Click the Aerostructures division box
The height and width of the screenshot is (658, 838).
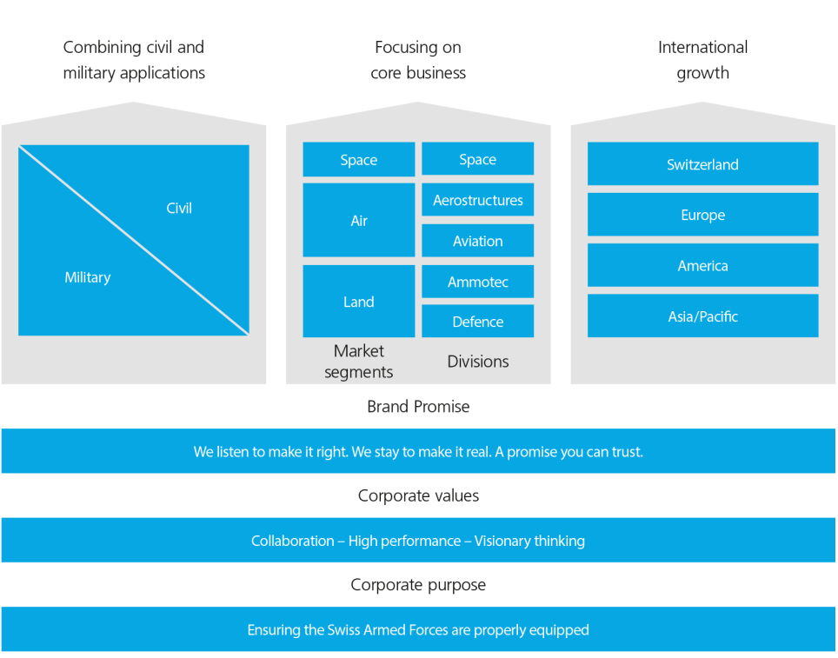[477, 200]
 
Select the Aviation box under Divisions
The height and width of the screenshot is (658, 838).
[477, 241]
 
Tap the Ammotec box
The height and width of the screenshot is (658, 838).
[477, 282]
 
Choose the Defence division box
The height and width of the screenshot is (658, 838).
[477, 322]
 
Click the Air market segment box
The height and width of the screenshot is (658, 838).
[358, 221]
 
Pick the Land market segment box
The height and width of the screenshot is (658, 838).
[358, 302]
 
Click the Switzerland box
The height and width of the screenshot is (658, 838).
[702, 164]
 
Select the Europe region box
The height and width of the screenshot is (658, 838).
[702, 215]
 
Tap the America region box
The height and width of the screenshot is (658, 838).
[702, 266]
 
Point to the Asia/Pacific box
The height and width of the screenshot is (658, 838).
[702, 316]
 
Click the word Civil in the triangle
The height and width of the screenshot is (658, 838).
[179, 208]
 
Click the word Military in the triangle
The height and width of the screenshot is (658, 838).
[88, 277]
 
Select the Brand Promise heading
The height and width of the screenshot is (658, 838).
[418, 406]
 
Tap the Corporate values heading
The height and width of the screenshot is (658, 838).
[418, 495]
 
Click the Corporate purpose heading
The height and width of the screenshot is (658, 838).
[418, 584]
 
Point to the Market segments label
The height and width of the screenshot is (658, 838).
[358, 362]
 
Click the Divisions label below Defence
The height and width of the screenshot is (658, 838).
[477, 362]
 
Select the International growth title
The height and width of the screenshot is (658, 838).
[702, 60]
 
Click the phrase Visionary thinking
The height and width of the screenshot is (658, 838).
[529, 541]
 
